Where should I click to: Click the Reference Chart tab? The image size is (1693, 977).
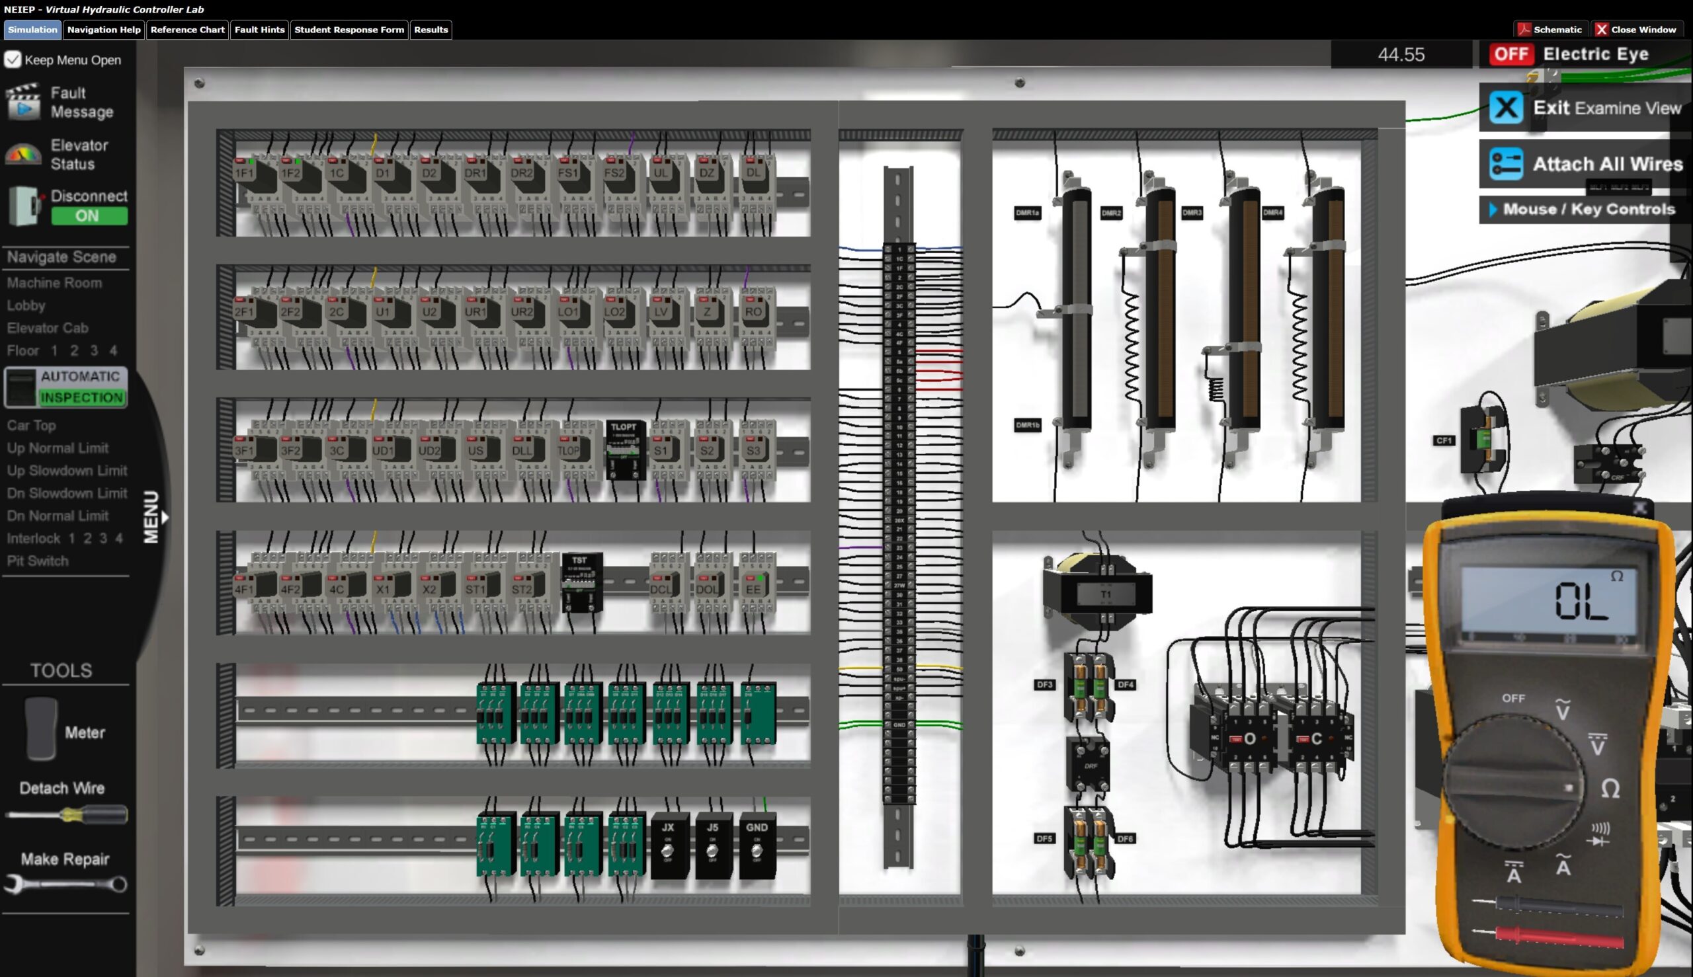point(187,30)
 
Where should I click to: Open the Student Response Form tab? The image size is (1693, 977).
point(349,30)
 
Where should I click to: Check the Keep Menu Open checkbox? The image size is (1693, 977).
point(13,59)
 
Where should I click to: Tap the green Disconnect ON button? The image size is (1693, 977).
point(89,216)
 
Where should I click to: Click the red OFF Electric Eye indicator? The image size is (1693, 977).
point(1511,54)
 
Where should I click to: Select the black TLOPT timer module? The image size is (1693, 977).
point(625,449)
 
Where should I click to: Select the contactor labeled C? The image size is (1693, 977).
point(1316,739)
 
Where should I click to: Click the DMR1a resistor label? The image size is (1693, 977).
point(1027,214)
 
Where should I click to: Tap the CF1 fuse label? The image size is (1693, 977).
point(1443,441)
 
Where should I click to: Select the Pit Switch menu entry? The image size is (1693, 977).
point(38,561)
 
